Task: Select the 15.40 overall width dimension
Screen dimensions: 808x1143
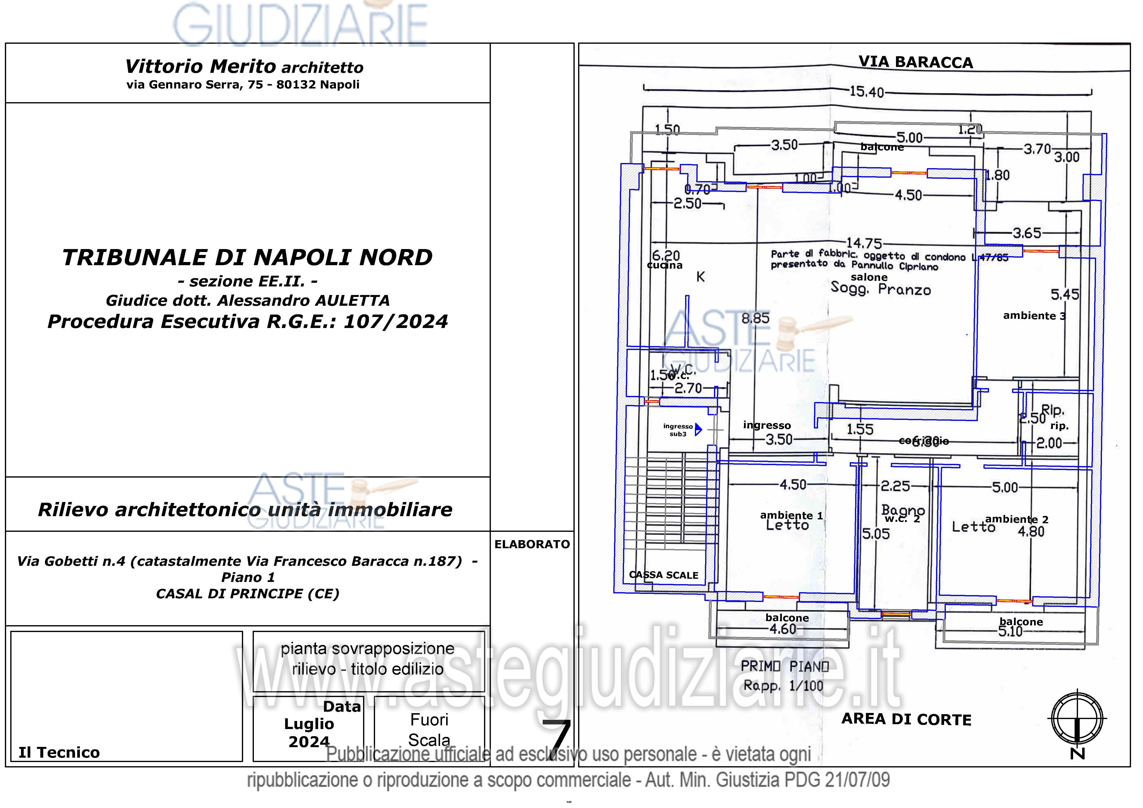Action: coord(866,92)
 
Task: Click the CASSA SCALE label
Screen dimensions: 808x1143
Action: coord(664,575)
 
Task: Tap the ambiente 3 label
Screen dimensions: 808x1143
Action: coord(1034,316)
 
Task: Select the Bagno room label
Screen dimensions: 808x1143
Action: coord(903,510)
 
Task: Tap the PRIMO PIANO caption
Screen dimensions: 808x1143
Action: coord(785,667)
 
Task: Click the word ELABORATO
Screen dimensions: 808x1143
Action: coord(532,544)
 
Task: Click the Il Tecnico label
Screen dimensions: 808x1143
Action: coord(59,752)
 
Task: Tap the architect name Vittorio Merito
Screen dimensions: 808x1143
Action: coord(200,66)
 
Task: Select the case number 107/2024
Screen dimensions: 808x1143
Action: coord(396,322)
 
